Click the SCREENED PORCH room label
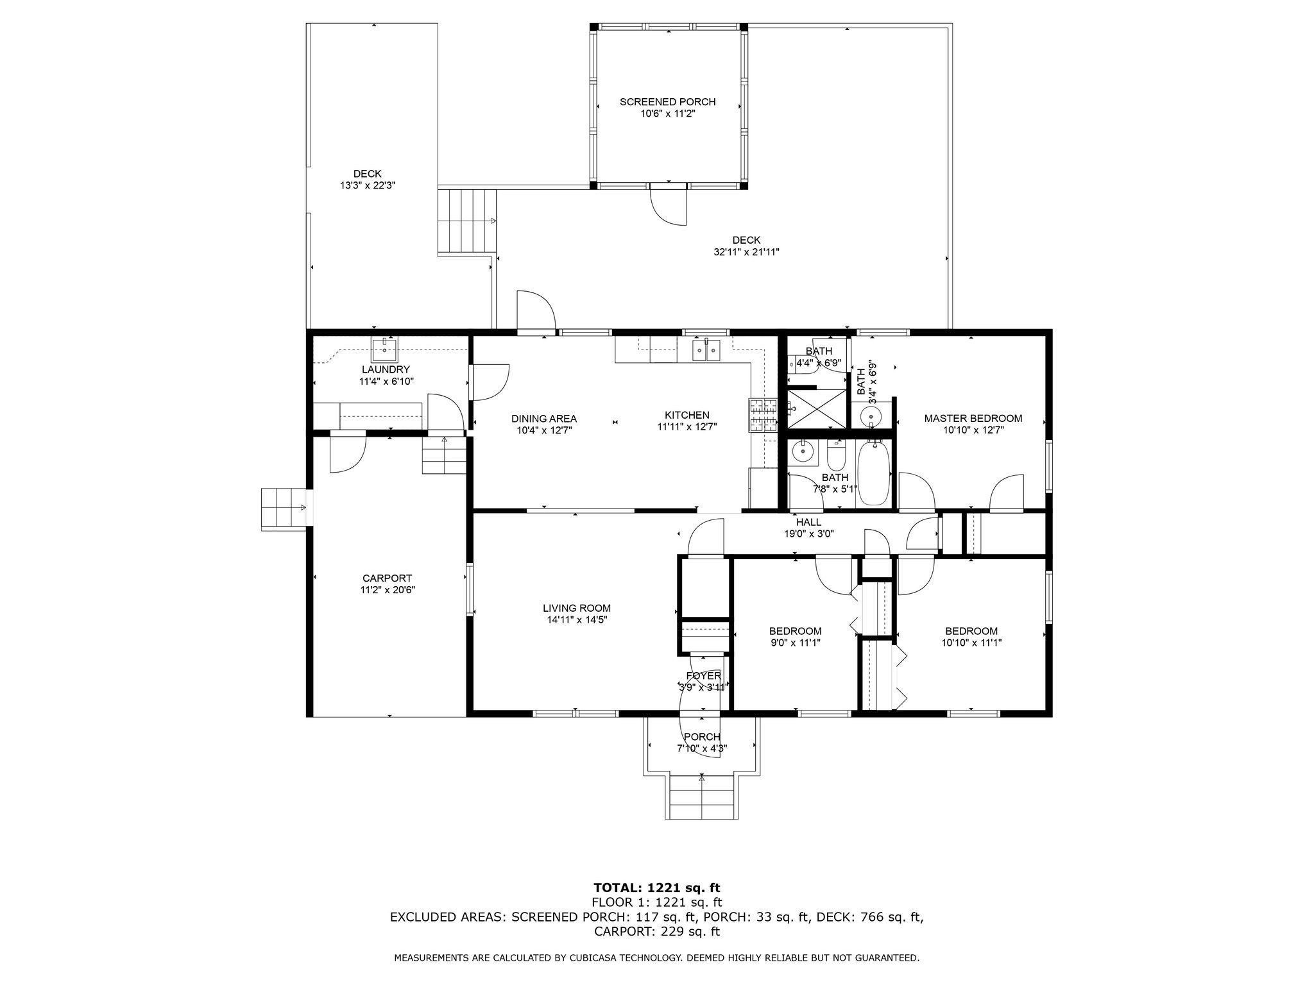(x=667, y=102)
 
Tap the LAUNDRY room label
(x=386, y=369)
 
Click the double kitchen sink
(x=706, y=351)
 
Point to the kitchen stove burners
(x=762, y=415)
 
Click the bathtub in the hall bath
(x=873, y=473)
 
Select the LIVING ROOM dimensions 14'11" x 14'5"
(x=577, y=620)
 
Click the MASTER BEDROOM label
(x=973, y=418)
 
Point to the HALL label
(x=808, y=522)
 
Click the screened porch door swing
(x=668, y=206)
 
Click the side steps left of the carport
(x=284, y=508)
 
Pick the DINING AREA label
(x=544, y=419)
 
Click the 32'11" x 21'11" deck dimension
(x=746, y=252)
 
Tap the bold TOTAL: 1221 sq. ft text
(x=657, y=888)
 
